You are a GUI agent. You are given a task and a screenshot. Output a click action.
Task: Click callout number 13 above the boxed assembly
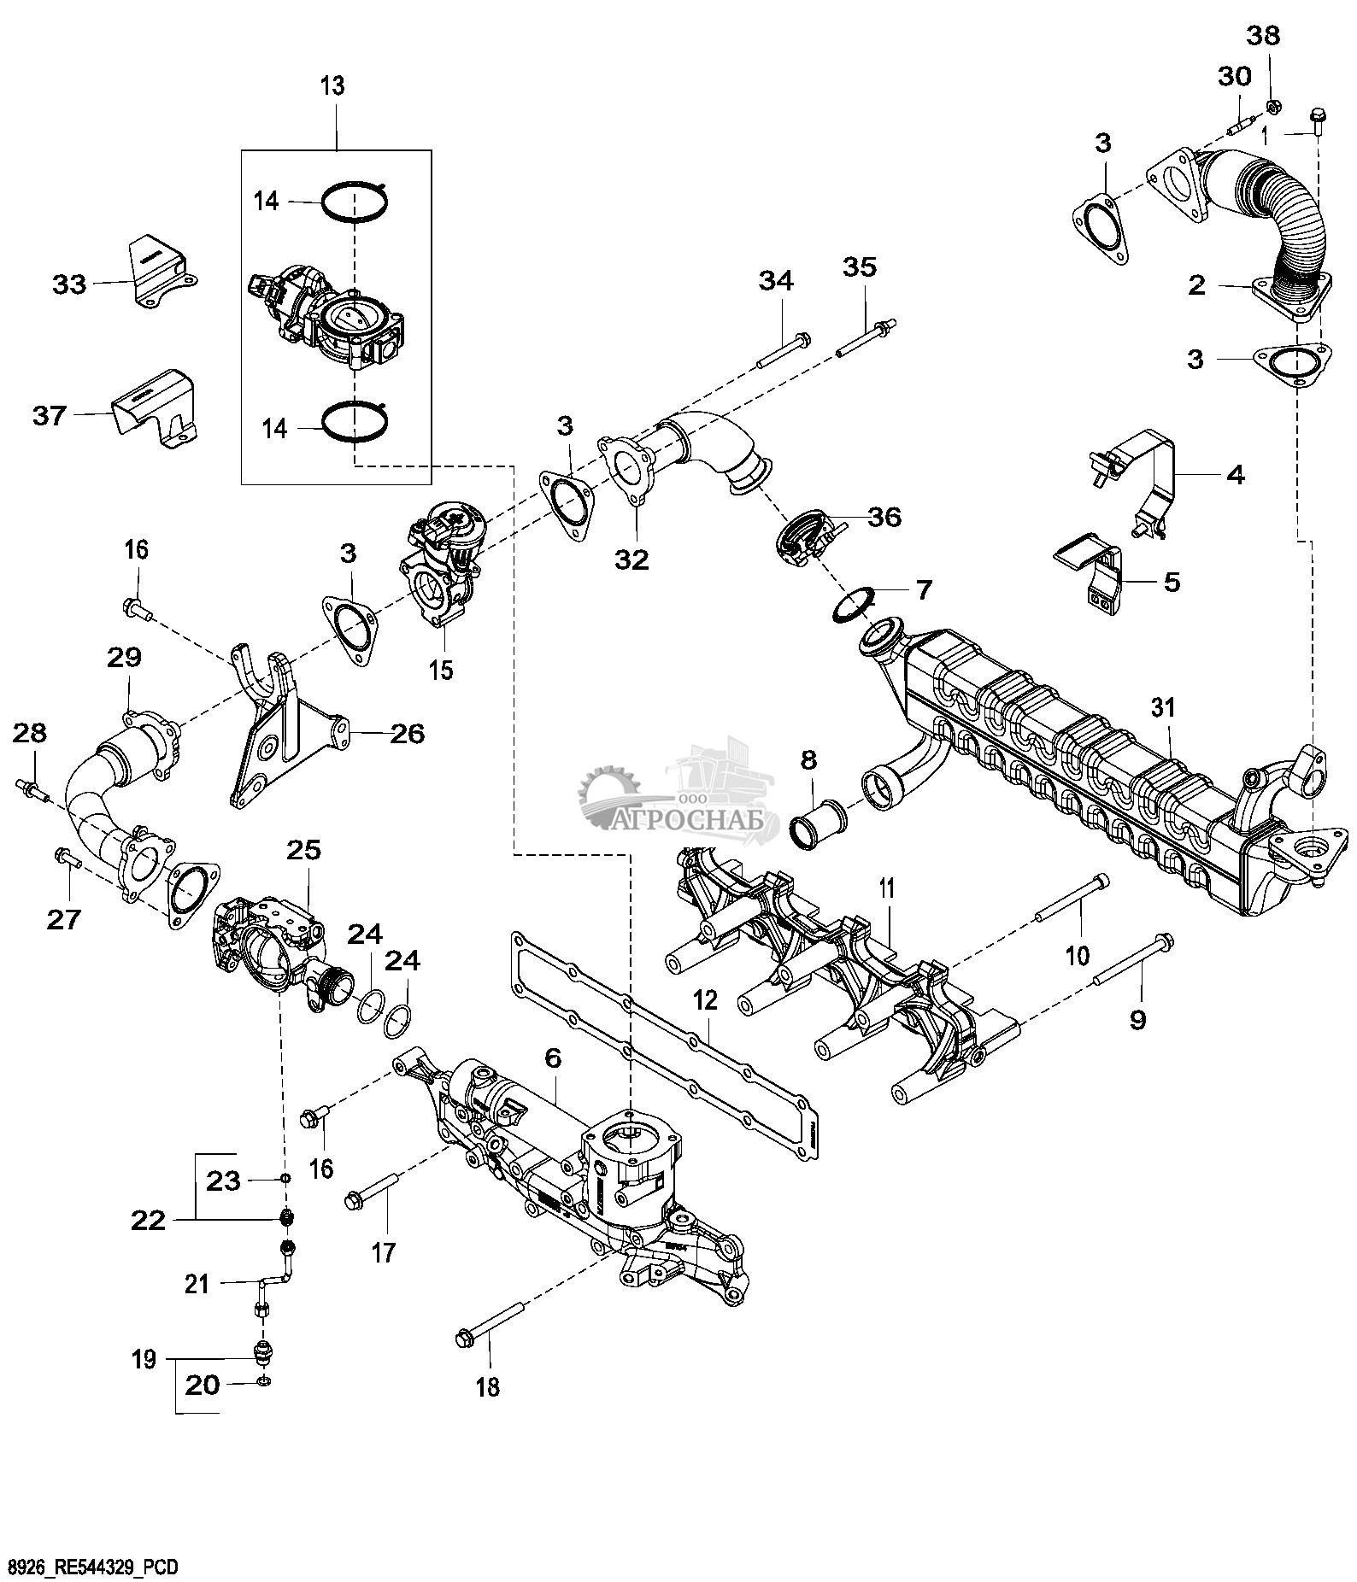pos(332,85)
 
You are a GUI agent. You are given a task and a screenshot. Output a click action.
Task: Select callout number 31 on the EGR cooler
pos(1163,708)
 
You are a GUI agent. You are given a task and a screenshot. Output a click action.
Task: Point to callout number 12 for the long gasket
pos(705,1001)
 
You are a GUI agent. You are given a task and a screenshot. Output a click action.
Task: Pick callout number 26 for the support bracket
pos(407,734)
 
